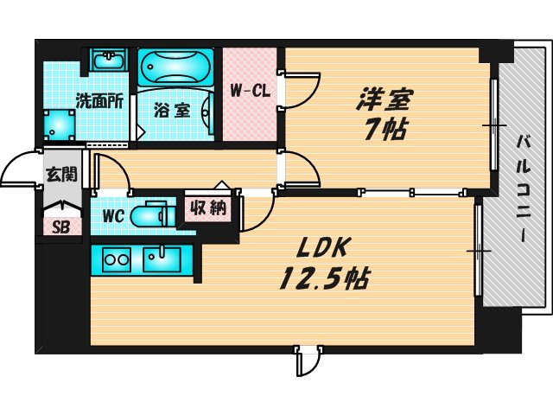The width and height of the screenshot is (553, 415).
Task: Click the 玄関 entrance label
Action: (x=60, y=174)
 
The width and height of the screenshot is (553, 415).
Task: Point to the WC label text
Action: (x=115, y=214)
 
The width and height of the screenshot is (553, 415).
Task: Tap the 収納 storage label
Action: (x=207, y=207)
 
